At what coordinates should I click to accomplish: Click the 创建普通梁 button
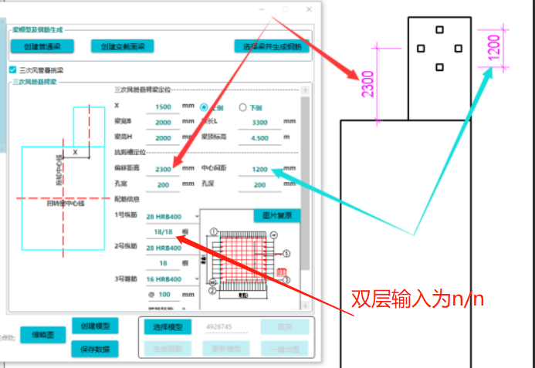pyautogui.click(x=42, y=46)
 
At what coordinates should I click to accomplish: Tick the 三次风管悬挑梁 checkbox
pyautogui.click(x=12, y=69)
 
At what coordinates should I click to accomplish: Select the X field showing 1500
pyautogui.click(x=163, y=106)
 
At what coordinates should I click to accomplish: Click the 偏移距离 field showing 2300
pyautogui.click(x=163, y=169)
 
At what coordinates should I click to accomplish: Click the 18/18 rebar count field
pyautogui.click(x=163, y=231)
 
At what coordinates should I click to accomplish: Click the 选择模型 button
pyautogui.click(x=166, y=327)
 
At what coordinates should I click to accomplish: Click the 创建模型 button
pyautogui.click(x=94, y=327)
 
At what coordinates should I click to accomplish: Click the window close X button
pyautogui.click(x=310, y=9)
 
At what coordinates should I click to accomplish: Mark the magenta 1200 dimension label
pyautogui.click(x=494, y=47)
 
